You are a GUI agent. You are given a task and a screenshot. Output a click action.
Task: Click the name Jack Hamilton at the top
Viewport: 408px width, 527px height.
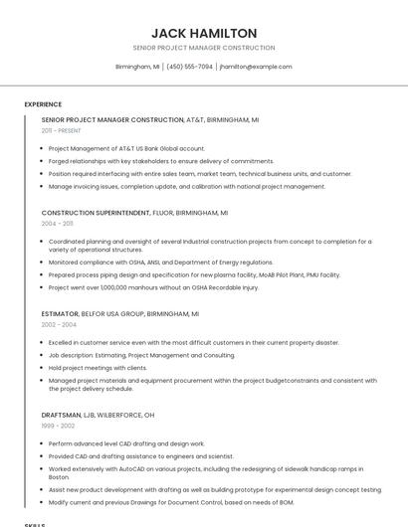coord(203,33)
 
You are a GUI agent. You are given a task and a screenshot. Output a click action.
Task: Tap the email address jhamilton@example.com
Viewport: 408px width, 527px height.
coord(256,67)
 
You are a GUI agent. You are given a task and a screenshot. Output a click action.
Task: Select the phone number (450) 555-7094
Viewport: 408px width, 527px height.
coord(189,67)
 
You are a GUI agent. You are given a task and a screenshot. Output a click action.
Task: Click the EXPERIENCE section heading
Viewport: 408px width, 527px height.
coord(43,103)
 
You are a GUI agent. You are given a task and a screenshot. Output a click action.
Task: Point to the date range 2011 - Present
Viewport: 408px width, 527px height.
coord(61,130)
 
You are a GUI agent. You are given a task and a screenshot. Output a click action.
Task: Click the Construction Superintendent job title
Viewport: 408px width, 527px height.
coord(95,213)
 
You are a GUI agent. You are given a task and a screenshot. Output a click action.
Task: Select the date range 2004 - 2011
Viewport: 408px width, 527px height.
coord(57,224)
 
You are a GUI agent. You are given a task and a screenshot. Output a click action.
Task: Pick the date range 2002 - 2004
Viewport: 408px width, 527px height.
coord(59,324)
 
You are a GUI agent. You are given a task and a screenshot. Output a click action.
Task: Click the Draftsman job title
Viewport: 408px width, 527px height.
coord(62,415)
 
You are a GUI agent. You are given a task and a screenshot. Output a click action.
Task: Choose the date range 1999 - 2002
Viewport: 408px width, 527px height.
coord(58,426)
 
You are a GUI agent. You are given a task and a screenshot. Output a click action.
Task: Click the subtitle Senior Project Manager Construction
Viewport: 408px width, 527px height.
coord(203,48)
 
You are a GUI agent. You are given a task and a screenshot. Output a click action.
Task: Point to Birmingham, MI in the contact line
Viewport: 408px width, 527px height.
coord(137,67)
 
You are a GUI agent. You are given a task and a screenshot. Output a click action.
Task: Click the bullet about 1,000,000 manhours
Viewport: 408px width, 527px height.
coord(153,287)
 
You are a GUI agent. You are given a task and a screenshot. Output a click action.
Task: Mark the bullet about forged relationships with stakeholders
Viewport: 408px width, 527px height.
coord(160,161)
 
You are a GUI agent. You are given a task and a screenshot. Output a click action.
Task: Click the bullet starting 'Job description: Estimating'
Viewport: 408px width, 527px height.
coord(141,354)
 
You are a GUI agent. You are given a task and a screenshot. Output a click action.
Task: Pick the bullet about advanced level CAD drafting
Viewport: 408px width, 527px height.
coord(125,443)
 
